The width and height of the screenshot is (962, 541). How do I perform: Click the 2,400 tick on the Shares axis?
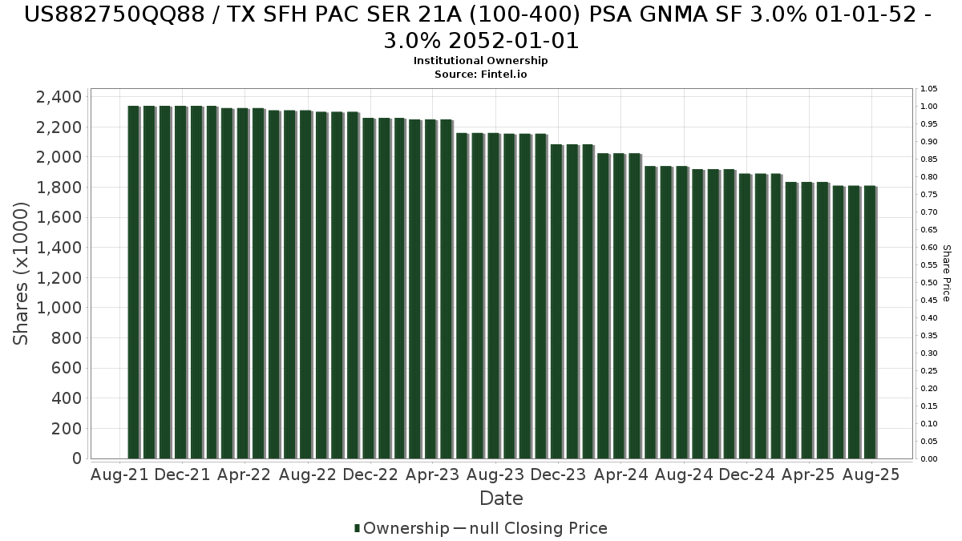click(59, 97)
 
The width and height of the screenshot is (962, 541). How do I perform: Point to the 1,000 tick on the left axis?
click(59, 308)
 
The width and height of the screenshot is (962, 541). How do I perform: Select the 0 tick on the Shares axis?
click(75, 458)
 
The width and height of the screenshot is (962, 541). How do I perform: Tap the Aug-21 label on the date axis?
click(120, 474)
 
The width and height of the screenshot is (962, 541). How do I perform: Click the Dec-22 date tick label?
click(370, 474)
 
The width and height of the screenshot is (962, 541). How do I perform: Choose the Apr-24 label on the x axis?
click(621, 474)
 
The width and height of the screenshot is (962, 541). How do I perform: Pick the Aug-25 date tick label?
click(871, 474)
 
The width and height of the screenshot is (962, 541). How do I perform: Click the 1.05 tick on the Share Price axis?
click(928, 88)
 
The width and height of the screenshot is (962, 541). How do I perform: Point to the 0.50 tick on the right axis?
click(928, 282)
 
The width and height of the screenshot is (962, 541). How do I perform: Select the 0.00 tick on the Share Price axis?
click(928, 458)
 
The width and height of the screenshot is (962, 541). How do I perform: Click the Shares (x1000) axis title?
click(22, 273)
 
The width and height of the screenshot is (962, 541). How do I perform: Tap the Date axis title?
click(501, 499)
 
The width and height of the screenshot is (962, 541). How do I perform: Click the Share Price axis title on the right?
click(946, 273)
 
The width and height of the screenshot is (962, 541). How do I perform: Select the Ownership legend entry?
click(402, 528)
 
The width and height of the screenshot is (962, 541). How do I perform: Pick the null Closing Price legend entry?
click(529, 528)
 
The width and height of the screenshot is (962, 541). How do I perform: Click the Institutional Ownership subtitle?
click(481, 61)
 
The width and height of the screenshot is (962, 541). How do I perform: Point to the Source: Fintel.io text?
click(481, 74)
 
